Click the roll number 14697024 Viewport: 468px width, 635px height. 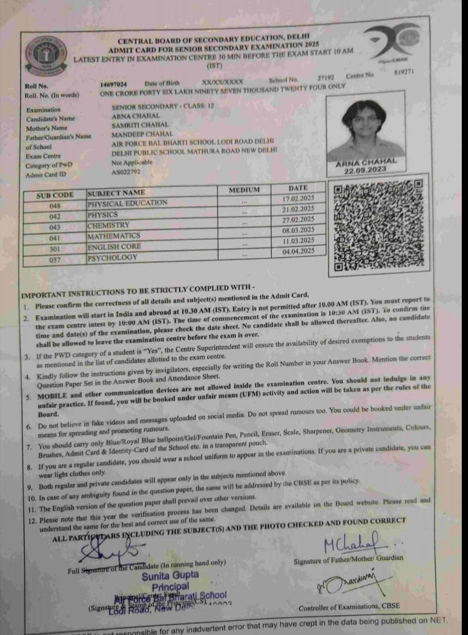pos(114,84)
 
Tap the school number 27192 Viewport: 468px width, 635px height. pos(326,78)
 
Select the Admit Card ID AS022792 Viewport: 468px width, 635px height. pos(126,172)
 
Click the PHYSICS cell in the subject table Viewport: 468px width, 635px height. pos(103,215)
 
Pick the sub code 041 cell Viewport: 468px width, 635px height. pos(55,238)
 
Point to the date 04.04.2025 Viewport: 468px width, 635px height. pos(298,251)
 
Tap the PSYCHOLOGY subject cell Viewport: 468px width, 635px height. pos(112,258)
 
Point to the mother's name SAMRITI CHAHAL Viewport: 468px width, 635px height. pos(140,125)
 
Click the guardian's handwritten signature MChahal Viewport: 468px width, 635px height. pos(352,542)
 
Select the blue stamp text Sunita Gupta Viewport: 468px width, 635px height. pos(170,575)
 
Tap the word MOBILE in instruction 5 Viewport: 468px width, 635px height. pos(53,396)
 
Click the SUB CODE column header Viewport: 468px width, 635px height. pos(55,195)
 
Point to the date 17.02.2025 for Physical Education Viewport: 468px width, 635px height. pos(298,198)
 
